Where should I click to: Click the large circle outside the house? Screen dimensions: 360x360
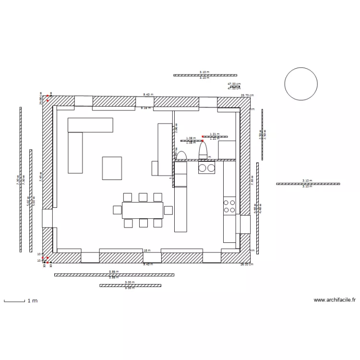click(301, 84)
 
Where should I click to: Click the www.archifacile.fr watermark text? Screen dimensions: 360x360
click(335, 300)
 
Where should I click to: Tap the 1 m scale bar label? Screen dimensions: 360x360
click(32, 301)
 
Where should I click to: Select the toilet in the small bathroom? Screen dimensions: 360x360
click(203, 150)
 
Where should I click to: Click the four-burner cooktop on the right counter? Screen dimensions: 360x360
click(229, 206)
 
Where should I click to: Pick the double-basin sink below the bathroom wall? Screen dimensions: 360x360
click(206, 168)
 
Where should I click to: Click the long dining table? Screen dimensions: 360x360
click(143, 210)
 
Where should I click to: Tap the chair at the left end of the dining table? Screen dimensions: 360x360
click(117, 210)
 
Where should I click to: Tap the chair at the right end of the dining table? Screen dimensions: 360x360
click(168, 210)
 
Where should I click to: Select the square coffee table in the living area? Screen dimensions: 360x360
click(112, 168)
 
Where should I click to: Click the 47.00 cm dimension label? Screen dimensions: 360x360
click(234, 84)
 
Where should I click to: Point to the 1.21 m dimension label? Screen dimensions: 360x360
click(215, 134)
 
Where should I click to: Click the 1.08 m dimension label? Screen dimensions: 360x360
click(191, 138)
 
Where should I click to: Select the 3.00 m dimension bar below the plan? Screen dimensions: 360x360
click(130, 285)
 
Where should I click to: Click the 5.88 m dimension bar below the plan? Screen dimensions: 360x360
click(114, 275)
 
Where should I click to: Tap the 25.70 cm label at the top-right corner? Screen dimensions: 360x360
click(247, 95)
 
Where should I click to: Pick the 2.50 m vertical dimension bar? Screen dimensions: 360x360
click(262, 134)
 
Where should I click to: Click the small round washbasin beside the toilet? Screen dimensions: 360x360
click(181, 155)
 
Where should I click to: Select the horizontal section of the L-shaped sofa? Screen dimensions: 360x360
click(90, 125)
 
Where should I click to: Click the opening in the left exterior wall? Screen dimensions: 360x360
click(47, 218)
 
